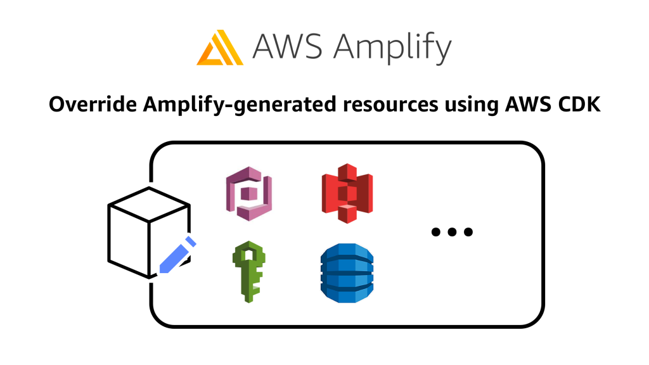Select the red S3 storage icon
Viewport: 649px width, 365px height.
point(346,193)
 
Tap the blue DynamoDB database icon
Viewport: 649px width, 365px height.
point(346,273)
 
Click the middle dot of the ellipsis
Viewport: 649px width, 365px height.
point(452,232)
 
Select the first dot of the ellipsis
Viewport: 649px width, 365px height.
point(436,232)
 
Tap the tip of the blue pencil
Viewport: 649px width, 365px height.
point(162,270)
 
